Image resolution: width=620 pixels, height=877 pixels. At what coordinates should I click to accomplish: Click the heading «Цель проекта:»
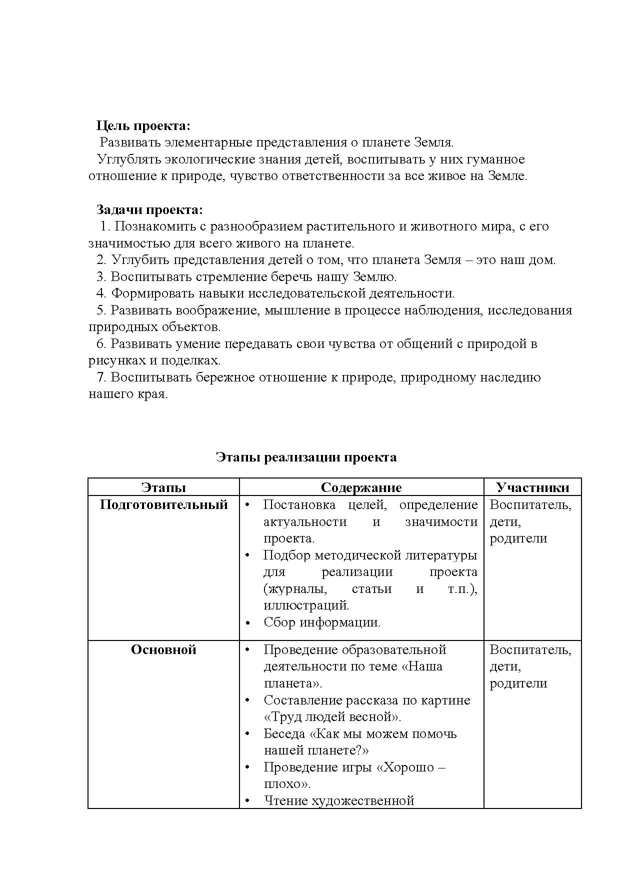pyautogui.click(x=143, y=125)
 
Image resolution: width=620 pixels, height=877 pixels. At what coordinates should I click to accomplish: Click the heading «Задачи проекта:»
pyautogui.click(x=149, y=209)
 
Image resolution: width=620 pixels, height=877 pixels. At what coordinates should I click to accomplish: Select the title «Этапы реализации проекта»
pyautogui.click(x=306, y=457)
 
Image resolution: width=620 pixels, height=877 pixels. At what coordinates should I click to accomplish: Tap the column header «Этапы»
pyautogui.click(x=163, y=487)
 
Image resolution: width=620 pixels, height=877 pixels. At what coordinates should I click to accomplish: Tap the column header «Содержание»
pyautogui.click(x=361, y=487)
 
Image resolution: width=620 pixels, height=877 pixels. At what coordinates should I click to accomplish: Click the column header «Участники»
pyautogui.click(x=532, y=487)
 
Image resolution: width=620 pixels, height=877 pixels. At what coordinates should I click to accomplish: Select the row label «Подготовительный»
pyautogui.click(x=163, y=504)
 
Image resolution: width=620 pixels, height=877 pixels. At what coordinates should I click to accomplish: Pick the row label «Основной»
pyautogui.click(x=163, y=649)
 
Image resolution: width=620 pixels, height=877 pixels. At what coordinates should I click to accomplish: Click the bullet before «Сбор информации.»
pyautogui.click(x=247, y=623)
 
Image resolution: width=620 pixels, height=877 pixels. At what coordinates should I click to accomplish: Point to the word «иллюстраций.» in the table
pyautogui.click(x=306, y=605)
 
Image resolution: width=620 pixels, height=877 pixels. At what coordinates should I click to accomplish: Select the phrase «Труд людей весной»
pyautogui.click(x=332, y=716)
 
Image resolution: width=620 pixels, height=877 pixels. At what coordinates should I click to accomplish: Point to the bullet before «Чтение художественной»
pyautogui.click(x=247, y=801)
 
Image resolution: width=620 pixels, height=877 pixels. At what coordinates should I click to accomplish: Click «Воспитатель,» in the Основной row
pyautogui.click(x=530, y=649)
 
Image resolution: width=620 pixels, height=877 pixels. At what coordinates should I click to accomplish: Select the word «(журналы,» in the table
pyautogui.click(x=295, y=588)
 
